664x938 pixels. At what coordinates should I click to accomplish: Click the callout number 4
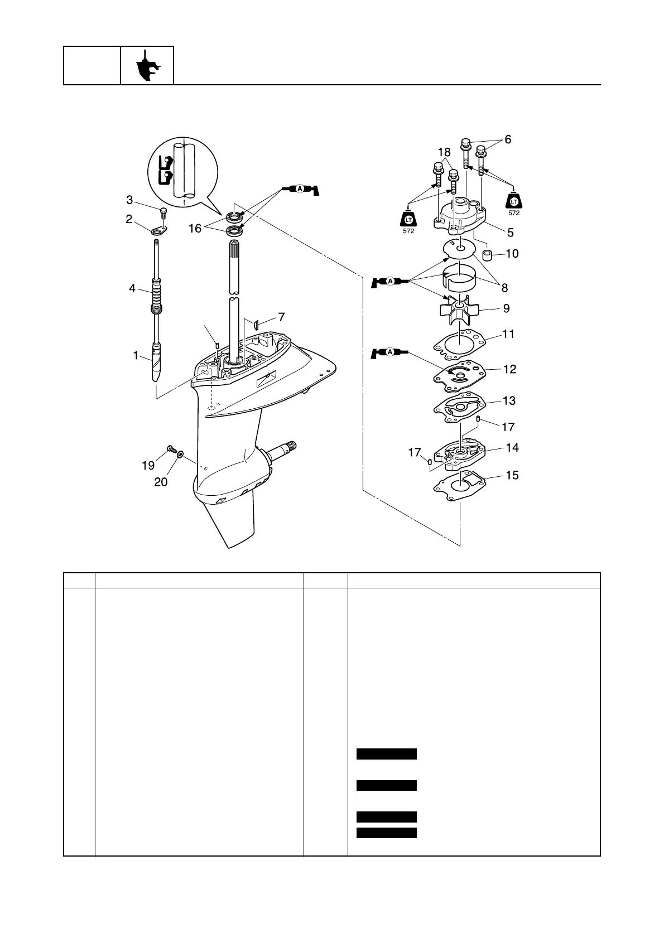pos(132,288)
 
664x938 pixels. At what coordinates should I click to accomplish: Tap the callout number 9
pos(506,308)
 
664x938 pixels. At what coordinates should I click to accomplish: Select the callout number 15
pos(512,475)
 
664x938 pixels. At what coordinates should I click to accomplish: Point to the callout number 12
pos(509,369)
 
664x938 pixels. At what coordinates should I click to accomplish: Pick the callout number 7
pos(282,317)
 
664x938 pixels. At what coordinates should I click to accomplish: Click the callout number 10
pos(512,254)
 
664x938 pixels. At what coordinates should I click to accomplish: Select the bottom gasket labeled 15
pos(459,483)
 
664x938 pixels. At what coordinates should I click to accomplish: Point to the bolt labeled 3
pos(163,212)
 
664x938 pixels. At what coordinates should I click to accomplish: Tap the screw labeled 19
pos(171,449)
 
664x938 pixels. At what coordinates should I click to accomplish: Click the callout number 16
pos(195,228)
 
